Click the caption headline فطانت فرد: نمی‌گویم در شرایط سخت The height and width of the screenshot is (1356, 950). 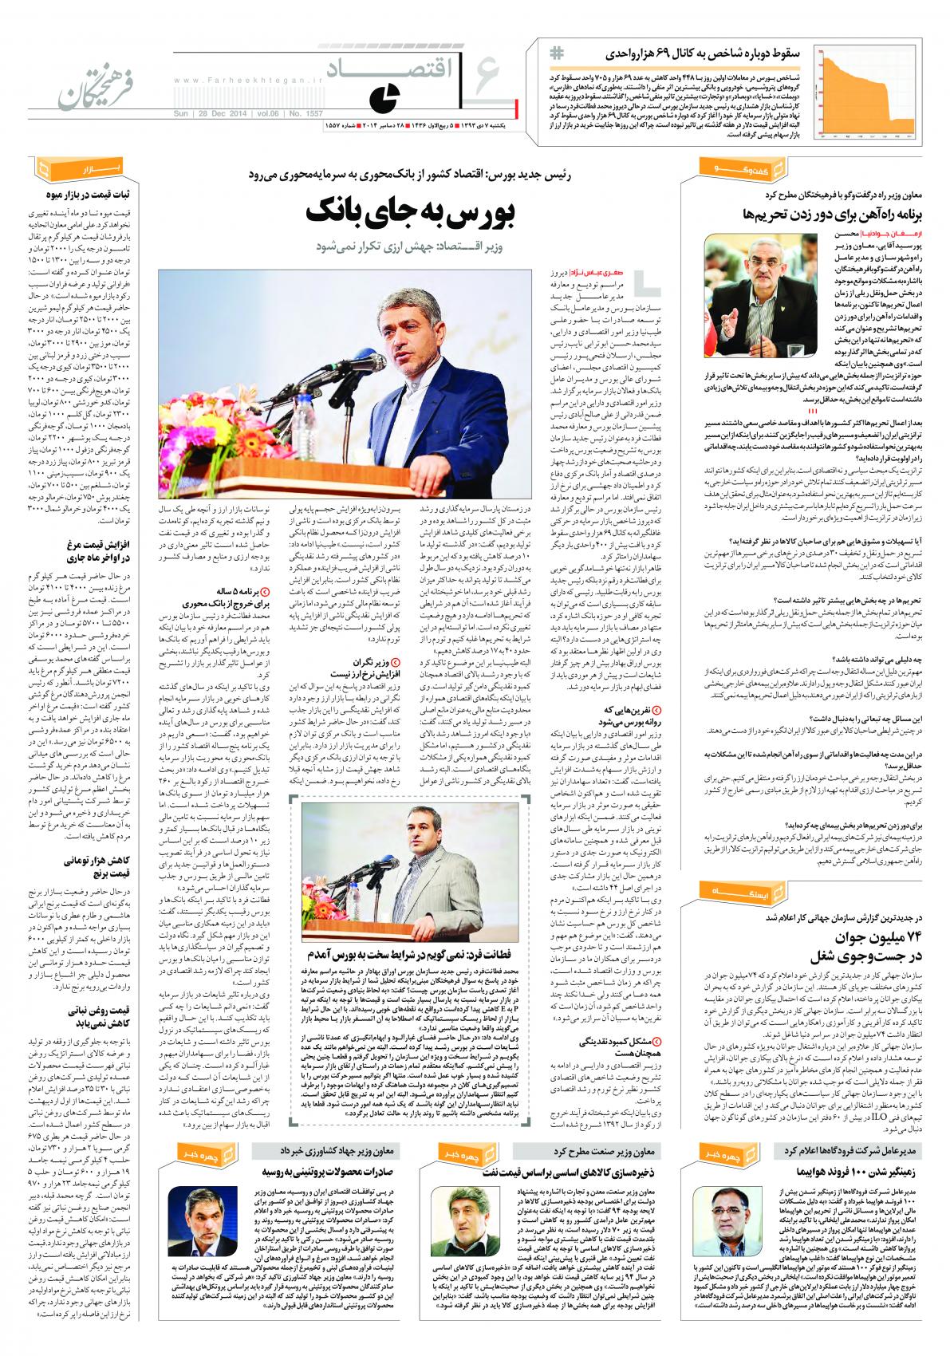[414, 954]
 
